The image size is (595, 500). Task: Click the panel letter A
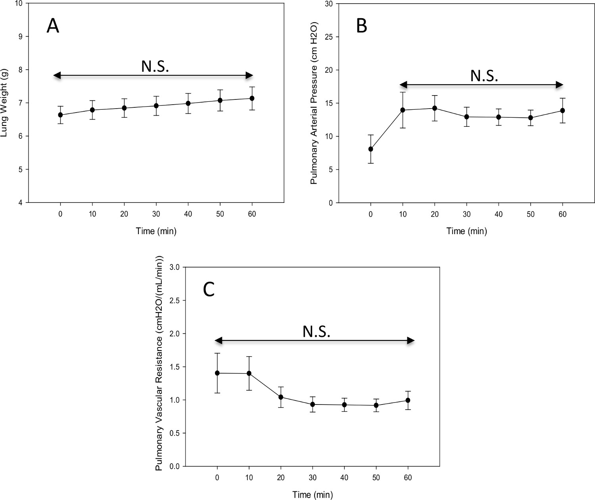[53, 27]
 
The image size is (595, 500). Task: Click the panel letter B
[361, 27]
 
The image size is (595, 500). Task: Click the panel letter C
[209, 290]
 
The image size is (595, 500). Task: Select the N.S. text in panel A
[155, 67]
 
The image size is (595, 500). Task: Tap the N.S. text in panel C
[317, 332]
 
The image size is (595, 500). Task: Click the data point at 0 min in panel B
[371, 149]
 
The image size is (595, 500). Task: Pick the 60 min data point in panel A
[252, 98]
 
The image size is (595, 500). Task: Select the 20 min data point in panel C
[281, 397]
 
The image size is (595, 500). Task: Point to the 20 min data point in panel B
[435, 108]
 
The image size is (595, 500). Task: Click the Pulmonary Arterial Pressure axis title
[314, 103]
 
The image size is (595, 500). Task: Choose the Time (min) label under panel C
[313, 494]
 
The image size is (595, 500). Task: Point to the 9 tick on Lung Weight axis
[20, 36]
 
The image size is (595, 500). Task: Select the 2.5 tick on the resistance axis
[175, 300]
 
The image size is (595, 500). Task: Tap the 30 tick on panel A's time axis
[156, 214]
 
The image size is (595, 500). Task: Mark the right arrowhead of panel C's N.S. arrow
[411, 340]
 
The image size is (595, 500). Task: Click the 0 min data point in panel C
[217, 373]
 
